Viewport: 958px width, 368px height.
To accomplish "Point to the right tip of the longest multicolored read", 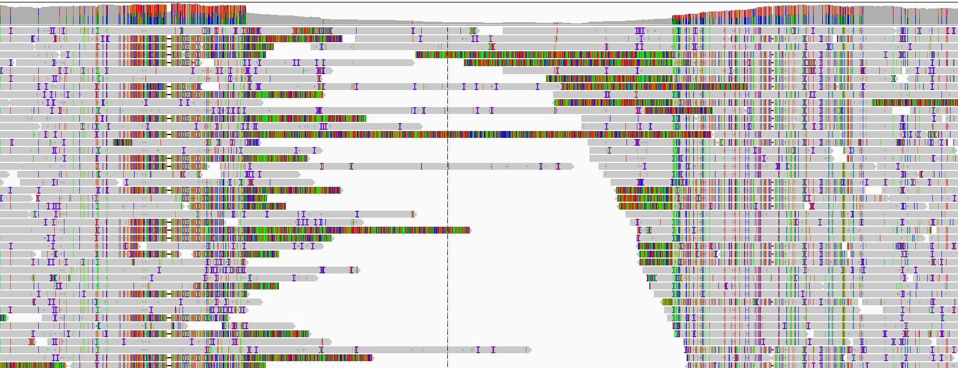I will (x=712, y=134).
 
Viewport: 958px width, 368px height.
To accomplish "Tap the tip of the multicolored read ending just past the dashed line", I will (x=470, y=230).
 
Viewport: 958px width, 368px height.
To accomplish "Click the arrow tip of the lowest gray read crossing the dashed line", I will (x=530, y=350).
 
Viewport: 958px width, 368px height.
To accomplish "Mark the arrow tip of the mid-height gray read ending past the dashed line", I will (x=572, y=166).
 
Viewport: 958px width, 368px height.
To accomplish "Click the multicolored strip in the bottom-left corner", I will (x=31, y=365).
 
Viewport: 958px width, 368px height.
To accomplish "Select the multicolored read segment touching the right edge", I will (x=913, y=103).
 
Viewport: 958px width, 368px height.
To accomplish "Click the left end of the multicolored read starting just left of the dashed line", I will (x=417, y=55).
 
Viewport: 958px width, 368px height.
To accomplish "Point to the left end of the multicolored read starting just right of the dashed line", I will (x=465, y=63).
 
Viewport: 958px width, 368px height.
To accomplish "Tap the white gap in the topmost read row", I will (x=491, y=31).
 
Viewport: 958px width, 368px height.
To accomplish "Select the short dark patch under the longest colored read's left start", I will (x=122, y=142).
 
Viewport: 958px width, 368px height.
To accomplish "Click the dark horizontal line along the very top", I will (x=479, y=2).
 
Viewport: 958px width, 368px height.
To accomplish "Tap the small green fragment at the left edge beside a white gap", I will (x=4, y=318).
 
